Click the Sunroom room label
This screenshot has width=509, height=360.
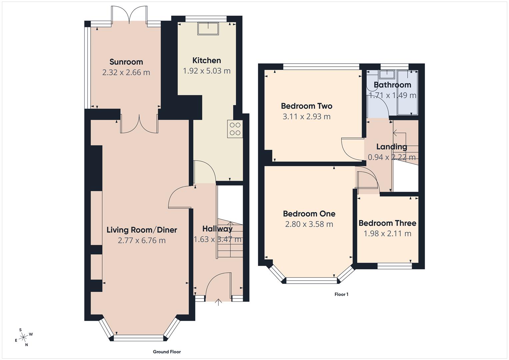click(x=126, y=62)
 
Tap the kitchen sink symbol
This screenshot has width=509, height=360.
click(x=208, y=29)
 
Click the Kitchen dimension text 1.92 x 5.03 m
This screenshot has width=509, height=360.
click(x=207, y=71)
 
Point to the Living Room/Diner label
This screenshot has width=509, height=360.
click(x=142, y=230)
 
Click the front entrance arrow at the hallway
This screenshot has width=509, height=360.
click(x=218, y=302)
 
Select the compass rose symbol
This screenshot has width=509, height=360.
click(x=23, y=337)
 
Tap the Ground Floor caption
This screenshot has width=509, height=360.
click(x=167, y=352)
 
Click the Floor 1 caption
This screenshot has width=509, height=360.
click(x=341, y=294)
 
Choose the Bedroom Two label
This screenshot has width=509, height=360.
click(x=306, y=106)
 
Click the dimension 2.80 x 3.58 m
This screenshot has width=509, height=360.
click(x=309, y=224)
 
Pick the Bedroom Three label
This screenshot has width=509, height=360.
click(x=387, y=223)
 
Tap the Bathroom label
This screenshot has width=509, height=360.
click(x=392, y=85)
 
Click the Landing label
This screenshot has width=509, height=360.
click(x=392, y=147)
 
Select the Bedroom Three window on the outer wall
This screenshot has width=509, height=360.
click(x=395, y=266)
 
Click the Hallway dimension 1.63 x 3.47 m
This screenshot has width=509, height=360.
click(x=218, y=239)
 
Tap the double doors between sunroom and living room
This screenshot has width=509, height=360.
click(x=139, y=123)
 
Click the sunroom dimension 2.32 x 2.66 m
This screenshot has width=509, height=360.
click(x=126, y=72)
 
